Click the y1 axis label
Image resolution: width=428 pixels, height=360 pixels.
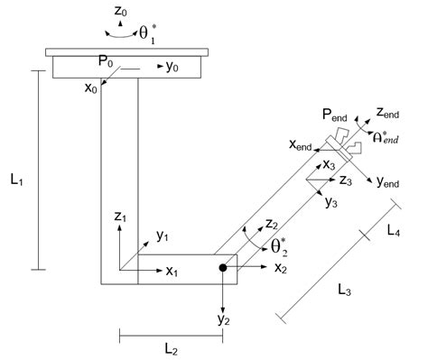point(163,236)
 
